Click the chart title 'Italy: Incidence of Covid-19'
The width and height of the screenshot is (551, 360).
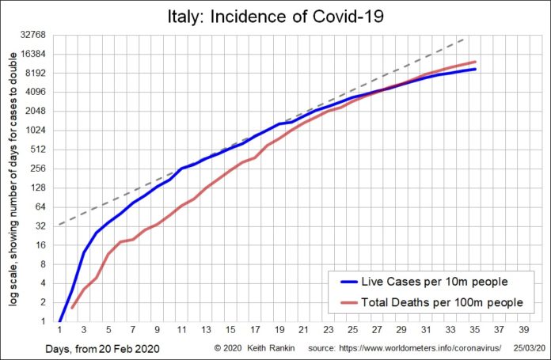click(275, 17)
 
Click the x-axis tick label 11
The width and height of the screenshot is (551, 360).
click(181, 332)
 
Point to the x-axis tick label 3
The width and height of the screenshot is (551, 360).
click(84, 332)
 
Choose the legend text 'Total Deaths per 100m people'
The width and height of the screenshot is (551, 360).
click(442, 302)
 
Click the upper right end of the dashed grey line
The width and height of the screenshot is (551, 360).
click(465, 38)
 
